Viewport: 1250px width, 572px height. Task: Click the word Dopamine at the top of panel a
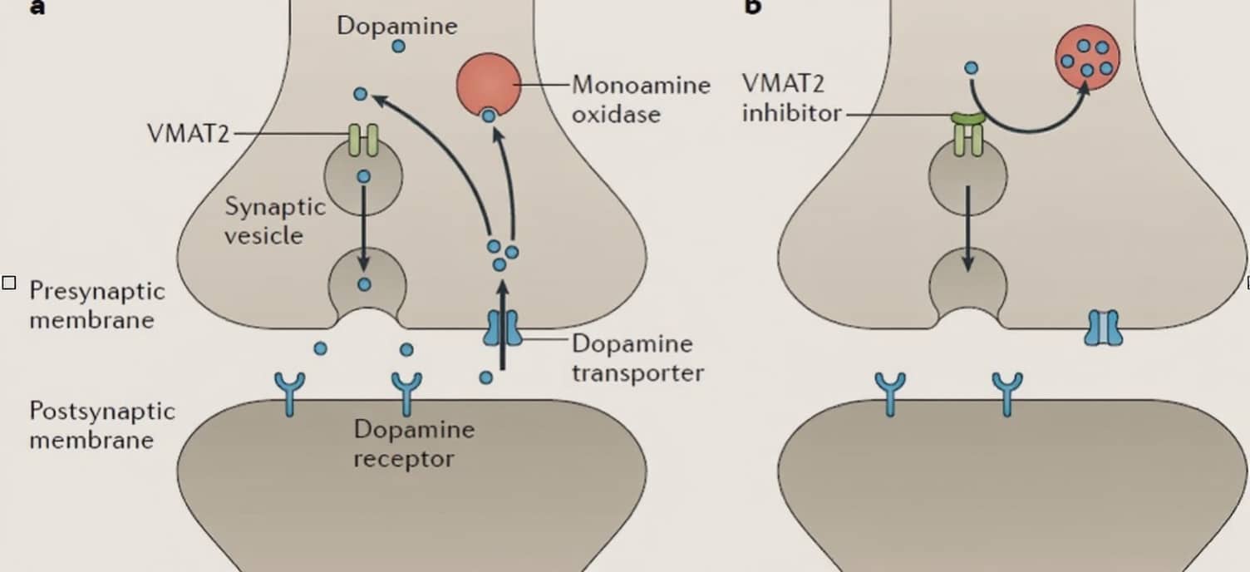[396, 27]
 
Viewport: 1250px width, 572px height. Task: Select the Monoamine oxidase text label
[641, 99]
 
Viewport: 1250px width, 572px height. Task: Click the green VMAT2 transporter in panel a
[363, 140]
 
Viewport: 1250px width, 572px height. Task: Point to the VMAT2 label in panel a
[188, 133]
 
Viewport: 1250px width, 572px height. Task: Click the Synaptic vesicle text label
[275, 221]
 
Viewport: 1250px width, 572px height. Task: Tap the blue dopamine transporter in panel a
[503, 328]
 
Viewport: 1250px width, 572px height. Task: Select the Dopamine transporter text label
[637, 358]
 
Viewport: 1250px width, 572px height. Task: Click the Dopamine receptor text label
[414, 444]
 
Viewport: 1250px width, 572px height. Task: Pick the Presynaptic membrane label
[97, 305]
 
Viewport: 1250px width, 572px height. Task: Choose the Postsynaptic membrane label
[102, 425]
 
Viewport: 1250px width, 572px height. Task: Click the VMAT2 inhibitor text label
[791, 98]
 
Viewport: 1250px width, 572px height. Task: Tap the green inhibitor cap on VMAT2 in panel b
[968, 119]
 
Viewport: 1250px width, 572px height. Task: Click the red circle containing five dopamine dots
[1087, 57]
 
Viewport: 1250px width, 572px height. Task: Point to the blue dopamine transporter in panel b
[1103, 328]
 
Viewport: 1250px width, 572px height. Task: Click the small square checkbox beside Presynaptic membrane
[9, 283]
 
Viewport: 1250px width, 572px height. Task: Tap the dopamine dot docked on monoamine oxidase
[489, 116]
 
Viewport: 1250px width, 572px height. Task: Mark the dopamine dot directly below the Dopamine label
[398, 47]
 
